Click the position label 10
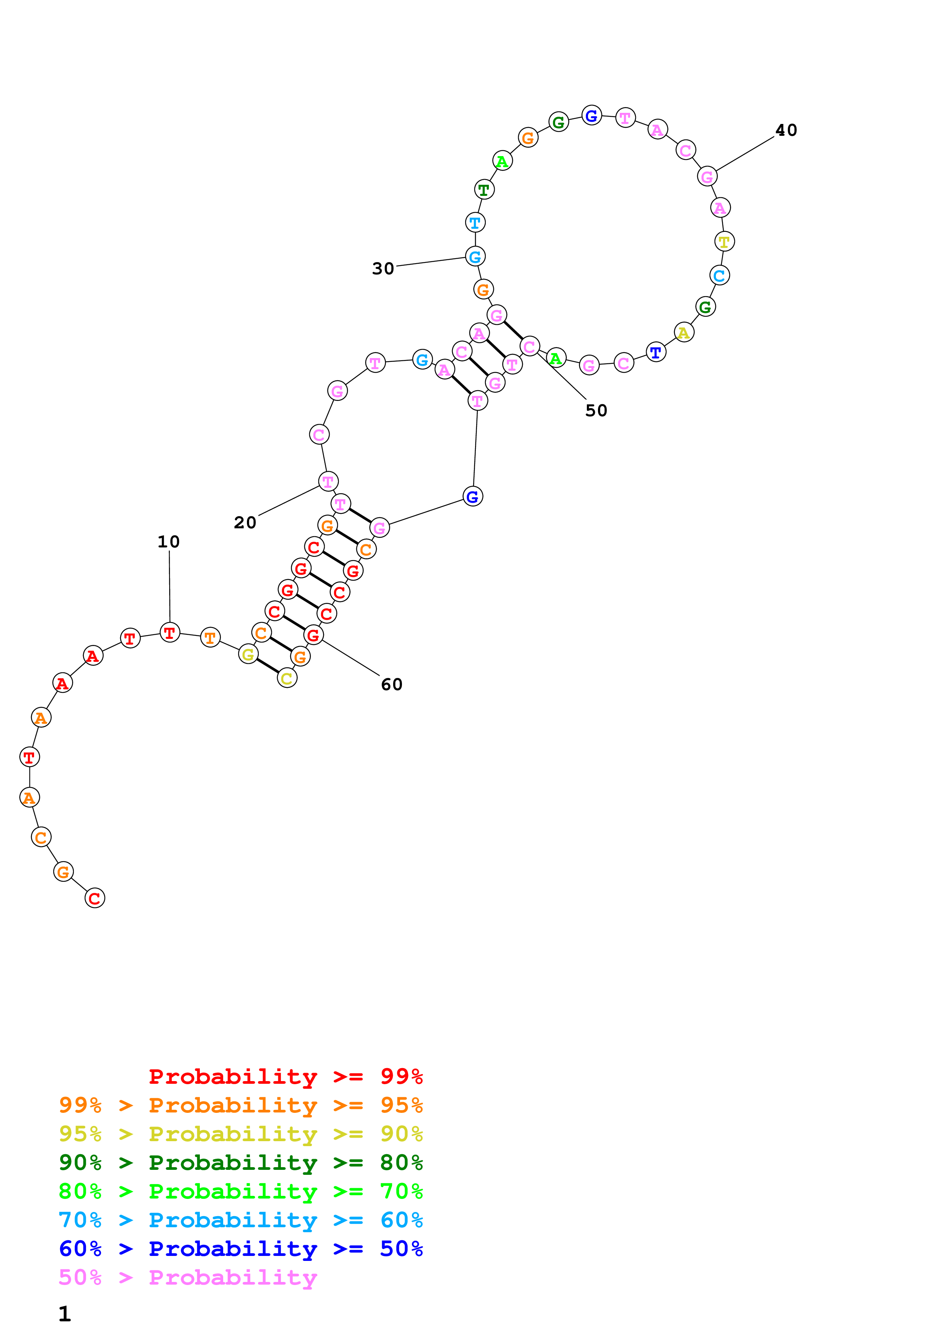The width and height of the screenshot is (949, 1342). pos(168,542)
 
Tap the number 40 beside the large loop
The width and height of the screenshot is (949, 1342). pos(786,130)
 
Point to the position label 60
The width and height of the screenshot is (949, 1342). pos(391,684)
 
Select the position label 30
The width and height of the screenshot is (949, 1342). pos(383,269)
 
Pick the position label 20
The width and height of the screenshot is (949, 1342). pos(245,523)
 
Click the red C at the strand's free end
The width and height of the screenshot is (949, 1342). pos(95,898)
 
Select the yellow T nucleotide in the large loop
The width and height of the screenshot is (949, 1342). pos(724,241)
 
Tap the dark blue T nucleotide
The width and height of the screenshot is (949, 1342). pos(656,352)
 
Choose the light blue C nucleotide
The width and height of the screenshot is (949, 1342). pos(719,275)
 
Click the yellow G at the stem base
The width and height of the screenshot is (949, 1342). pos(248,654)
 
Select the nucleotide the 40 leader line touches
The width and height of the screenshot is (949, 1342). pos(707,176)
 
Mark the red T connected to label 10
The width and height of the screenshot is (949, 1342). pos(170,632)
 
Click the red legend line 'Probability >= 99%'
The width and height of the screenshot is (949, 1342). pos(285,1077)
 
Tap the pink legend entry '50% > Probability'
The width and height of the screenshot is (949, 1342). pos(188,1278)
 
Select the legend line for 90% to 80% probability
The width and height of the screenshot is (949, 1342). pos(240,1163)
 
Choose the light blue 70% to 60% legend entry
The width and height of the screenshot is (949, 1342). pos(240,1220)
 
